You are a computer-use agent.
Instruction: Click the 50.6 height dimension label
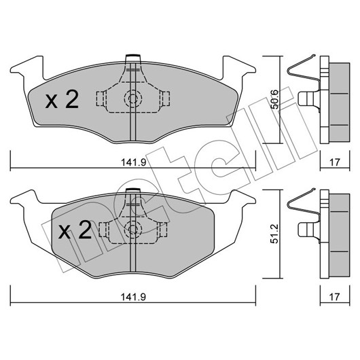[x=274, y=99]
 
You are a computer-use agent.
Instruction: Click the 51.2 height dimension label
[x=274, y=234]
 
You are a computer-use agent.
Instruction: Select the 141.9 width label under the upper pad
[x=134, y=162]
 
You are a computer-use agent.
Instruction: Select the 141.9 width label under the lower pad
[x=134, y=297]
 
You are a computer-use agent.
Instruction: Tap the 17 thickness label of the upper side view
[x=334, y=162]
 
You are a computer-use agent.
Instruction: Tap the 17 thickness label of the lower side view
[x=334, y=297]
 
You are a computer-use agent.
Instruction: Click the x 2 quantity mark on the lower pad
[x=75, y=230]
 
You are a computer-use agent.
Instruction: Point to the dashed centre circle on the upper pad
[x=133, y=98]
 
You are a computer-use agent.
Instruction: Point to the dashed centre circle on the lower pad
[x=133, y=229]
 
